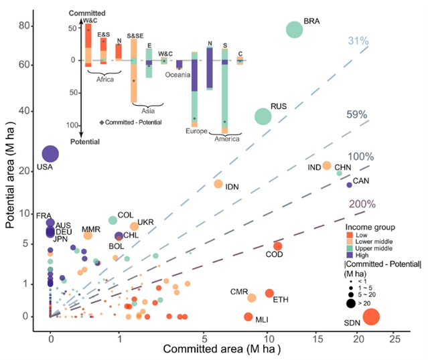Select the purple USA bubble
tap(50, 154)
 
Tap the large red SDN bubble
tap(371, 317)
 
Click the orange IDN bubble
tap(218, 183)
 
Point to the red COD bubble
tap(277, 246)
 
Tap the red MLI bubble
tap(248, 317)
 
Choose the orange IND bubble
tap(327, 165)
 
